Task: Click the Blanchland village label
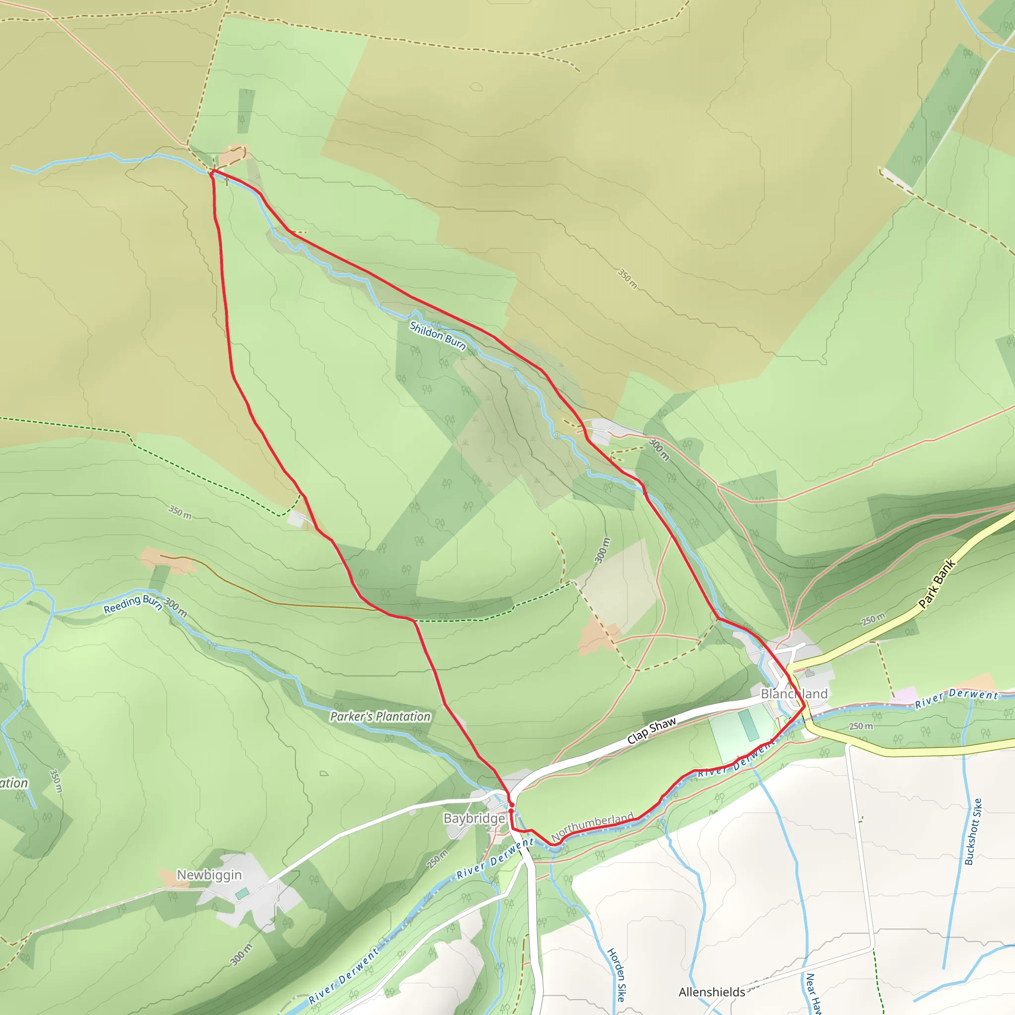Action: click(x=794, y=693)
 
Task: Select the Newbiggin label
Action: click(x=209, y=875)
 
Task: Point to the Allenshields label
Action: click(x=711, y=992)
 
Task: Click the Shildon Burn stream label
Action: click(x=438, y=336)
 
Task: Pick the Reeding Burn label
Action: click(x=132, y=604)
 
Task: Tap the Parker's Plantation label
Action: click(x=380, y=717)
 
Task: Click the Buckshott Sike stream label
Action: click(x=973, y=832)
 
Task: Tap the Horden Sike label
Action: click(x=618, y=974)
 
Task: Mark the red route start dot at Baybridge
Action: click(x=511, y=804)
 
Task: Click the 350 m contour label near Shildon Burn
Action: click(x=627, y=279)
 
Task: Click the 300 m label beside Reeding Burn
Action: click(x=175, y=607)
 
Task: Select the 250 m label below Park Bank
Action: click(x=873, y=620)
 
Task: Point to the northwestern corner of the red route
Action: click(x=212, y=172)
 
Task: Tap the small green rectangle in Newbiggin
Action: click(x=242, y=893)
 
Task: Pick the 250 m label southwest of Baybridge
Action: click(x=437, y=859)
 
